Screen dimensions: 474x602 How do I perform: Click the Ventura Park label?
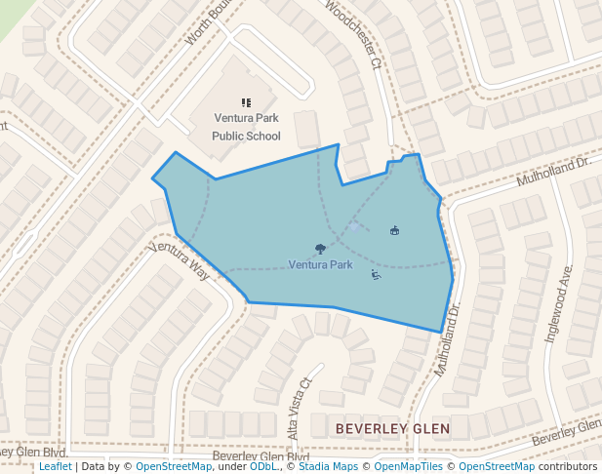click(x=320, y=264)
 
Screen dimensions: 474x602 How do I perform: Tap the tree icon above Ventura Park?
click(x=321, y=249)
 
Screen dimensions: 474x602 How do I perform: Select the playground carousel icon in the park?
click(x=394, y=230)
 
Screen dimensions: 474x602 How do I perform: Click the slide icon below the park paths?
click(x=376, y=275)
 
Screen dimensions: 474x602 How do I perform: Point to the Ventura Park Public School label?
click(x=246, y=127)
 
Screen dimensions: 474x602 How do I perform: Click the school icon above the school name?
click(x=246, y=101)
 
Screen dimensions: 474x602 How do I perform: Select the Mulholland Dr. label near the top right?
click(x=554, y=171)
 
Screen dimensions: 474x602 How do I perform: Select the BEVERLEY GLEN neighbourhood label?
click(x=392, y=428)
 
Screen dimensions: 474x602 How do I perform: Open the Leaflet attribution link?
click(x=55, y=466)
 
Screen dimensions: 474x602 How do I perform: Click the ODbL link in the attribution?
click(x=263, y=466)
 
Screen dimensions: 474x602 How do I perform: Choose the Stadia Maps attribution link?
click(x=327, y=466)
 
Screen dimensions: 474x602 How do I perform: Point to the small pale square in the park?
click(x=353, y=226)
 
